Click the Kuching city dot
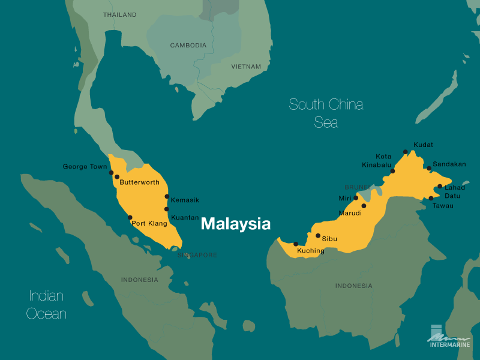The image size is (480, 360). (296, 244)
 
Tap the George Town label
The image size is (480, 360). (85, 166)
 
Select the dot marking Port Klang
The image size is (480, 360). (130, 217)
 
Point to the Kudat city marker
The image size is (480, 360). (406, 152)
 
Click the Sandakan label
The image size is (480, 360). (449, 164)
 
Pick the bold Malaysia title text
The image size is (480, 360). (235, 224)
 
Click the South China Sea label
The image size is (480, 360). (326, 113)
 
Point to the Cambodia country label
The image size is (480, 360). (188, 46)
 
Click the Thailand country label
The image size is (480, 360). (119, 14)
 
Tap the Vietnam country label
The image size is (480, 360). (246, 67)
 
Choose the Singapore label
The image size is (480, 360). (197, 255)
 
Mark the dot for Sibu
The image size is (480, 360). (318, 236)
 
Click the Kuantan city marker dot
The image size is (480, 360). (167, 209)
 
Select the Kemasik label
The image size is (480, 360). (185, 200)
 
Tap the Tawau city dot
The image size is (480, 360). (431, 198)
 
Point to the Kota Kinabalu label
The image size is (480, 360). (377, 160)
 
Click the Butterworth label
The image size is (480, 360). (139, 182)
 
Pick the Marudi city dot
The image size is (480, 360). (364, 206)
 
